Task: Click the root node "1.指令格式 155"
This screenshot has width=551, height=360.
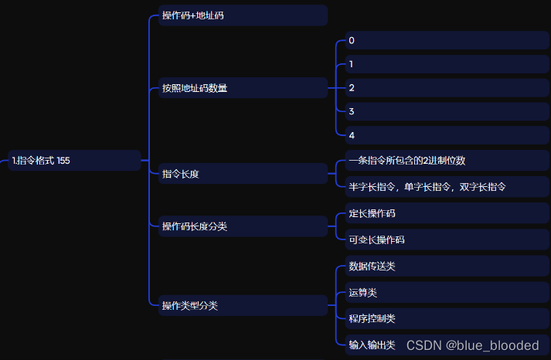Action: (74, 161)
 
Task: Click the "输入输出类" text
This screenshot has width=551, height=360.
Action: (372, 345)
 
